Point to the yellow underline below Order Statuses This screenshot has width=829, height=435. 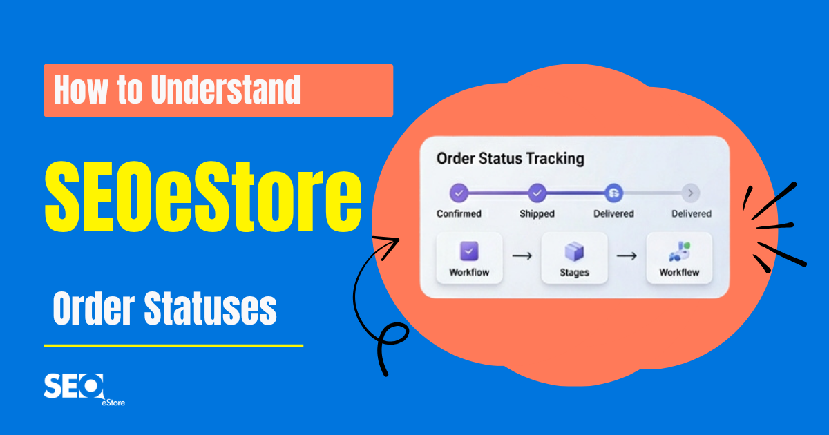click(173, 345)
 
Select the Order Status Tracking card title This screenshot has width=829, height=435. click(510, 158)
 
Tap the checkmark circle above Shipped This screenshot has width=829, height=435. click(537, 193)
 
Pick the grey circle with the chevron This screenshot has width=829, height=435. click(691, 193)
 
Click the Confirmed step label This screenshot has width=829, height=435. click(459, 214)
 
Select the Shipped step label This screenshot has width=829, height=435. click(537, 214)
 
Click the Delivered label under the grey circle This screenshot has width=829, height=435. click(692, 214)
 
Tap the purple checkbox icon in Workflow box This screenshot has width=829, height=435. click(469, 251)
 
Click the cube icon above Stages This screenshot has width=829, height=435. click(574, 252)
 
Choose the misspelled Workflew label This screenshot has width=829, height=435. click(679, 272)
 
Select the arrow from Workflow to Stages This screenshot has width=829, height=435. click(522, 256)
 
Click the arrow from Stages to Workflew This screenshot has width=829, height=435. click(627, 256)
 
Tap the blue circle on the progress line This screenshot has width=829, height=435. click(613, 193)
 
